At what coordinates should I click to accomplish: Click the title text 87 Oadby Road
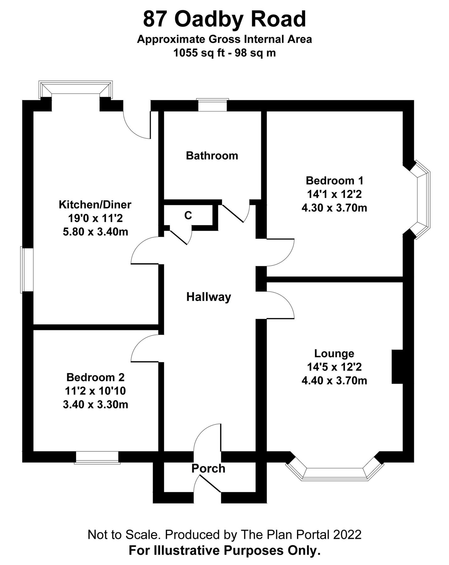click(224, 19)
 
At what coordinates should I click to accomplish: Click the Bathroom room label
click(212, 156)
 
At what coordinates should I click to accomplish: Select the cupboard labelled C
click(188, 215)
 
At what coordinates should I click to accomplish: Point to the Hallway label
click(209, 297)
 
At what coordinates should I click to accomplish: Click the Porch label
click(208, 469)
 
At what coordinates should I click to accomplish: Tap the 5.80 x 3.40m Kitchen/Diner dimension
click(95, 232)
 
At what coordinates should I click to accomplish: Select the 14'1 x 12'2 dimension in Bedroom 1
click(334, 194)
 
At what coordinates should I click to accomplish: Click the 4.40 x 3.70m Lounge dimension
click(334, 381)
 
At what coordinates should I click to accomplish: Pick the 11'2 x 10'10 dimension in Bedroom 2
click(95, 391)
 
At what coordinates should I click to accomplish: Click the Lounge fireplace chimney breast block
click(397, 367)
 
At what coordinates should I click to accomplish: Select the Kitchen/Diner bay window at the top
click(75, 88)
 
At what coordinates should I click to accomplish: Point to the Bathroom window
click(212, 105)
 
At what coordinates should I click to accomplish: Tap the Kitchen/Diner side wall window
click(27, 270)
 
